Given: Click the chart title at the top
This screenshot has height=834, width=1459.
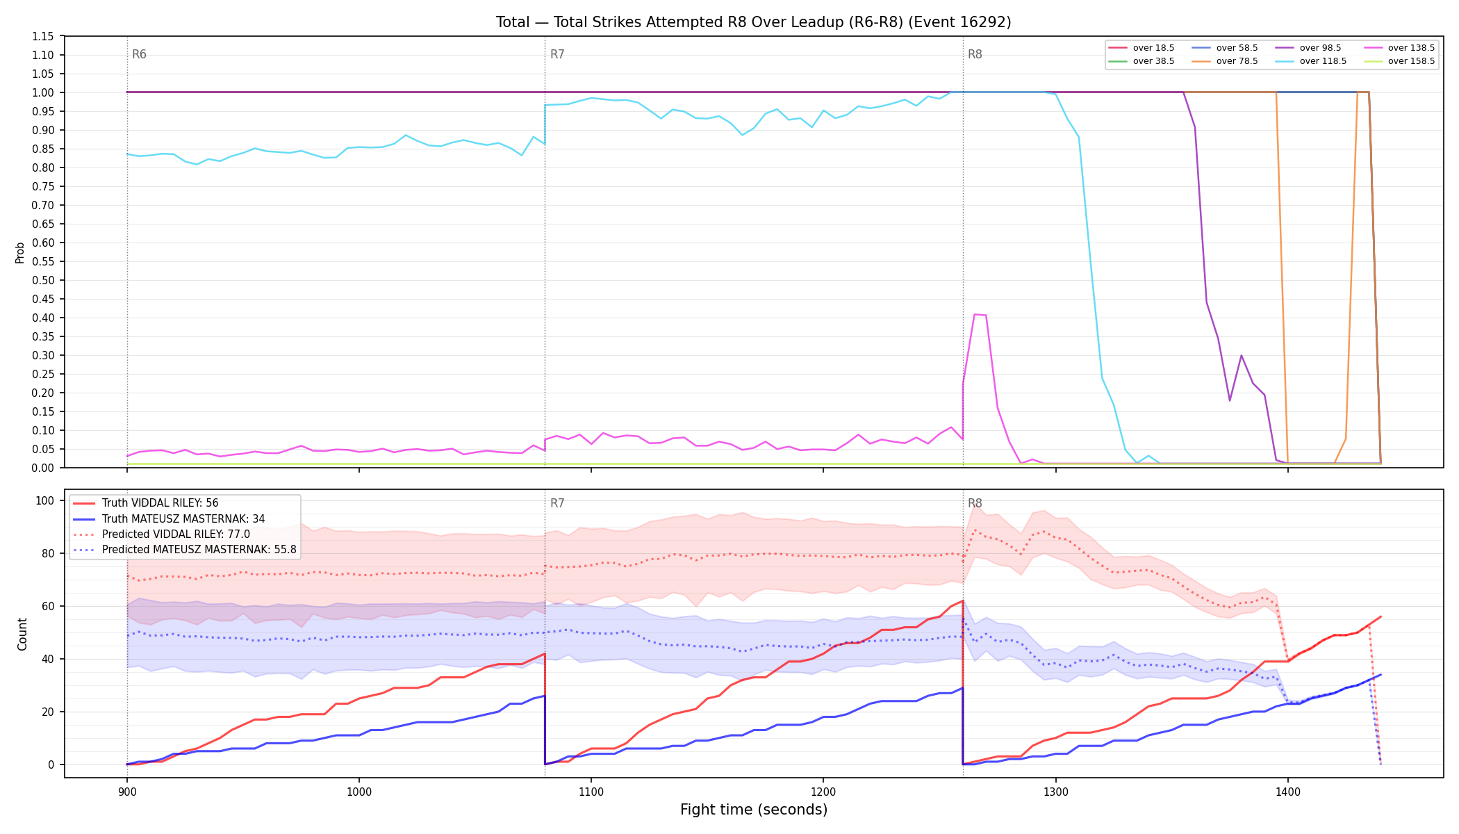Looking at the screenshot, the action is tap(753, 22).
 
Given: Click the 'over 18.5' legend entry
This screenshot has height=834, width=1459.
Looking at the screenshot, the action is tap(1141, 48).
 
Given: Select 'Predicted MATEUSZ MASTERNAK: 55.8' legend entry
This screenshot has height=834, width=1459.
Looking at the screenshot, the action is tap(184, 550).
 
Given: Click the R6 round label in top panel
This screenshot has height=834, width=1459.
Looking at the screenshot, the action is tap(139, 54).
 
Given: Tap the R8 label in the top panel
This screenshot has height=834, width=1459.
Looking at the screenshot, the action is tap(975, 54).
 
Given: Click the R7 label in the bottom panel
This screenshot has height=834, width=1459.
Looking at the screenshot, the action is tap(557, 503).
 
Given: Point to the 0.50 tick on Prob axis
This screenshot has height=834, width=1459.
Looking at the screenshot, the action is tap(44, 280).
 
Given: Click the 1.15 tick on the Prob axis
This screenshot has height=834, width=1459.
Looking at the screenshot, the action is tap(44, 36).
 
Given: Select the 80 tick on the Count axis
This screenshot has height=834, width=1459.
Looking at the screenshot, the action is tap(47, 553).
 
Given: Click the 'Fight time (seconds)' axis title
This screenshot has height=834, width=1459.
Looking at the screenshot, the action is tap(754, 810).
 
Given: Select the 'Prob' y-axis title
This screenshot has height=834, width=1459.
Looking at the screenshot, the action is tap(20, 252).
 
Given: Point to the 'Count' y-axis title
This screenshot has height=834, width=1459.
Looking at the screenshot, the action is tap(22, 634).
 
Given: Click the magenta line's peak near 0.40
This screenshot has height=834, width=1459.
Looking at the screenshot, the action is tap(975, 314).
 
